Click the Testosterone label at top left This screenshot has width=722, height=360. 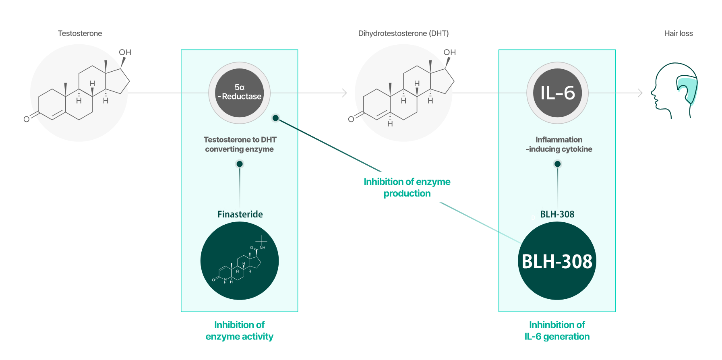pyautogui.click(x=80, y=33)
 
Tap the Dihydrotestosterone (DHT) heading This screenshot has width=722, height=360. pyautogui.click(x=403, y=33)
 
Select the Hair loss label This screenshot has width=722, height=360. pyautogui.click(x=679, y=33)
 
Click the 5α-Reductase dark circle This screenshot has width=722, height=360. pyautogui.click(x=240, y=93)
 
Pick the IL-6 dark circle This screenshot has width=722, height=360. pyautogui.click(x=557, y=93)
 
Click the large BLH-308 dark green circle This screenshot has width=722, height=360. pyautogui.click(x=557, y=261)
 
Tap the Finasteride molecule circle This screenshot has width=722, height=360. pyautogui.click(x=240, y=261)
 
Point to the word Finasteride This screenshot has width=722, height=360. pyautogui.click(x=240, y=214)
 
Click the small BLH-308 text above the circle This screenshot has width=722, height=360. pyautogui.click(x=557, y=214)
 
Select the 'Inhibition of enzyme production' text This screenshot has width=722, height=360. pyautogui.click(x=407, y=187)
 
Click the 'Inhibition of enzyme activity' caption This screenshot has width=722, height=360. pyautogui.click(x=240, y=331)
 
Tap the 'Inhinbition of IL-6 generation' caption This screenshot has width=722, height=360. pyautogui.click(x=557, y=331)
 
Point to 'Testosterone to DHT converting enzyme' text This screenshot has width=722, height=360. pyautogui.click(x=240, y=144)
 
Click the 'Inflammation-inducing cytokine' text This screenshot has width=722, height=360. pyautogui.click(x=559, y=144)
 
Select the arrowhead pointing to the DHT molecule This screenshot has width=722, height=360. pyautogui.click(x=345, y=93)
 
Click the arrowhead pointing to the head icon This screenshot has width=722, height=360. pyautogui.click(x=640, y=93)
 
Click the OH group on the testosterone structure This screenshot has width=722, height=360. pyautogui.click(x=125, y=52)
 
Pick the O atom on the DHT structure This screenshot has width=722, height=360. pyautogui.click(x=351, y=119)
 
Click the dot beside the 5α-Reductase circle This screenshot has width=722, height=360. pyautogui.click(x=275, y=118)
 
